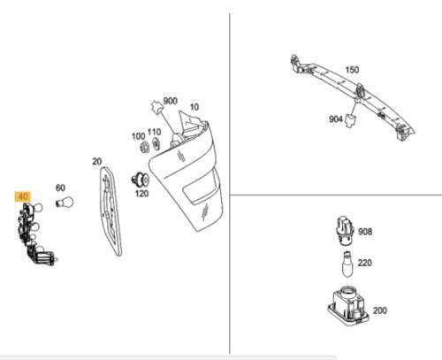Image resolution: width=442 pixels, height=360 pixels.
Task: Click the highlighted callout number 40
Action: tap(23, 196)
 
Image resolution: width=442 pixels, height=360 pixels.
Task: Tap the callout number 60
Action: tap(60, 188)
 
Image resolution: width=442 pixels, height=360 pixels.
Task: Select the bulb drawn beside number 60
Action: tap(65, 203)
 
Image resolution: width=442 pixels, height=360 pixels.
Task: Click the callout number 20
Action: tap(97, 162)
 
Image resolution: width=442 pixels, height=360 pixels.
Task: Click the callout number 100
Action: tap(138, 136)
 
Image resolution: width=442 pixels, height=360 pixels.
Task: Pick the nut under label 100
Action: tap(145, 148)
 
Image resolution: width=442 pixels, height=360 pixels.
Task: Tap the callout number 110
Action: tap(154, 132)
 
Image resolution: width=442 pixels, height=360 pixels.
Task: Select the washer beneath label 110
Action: tap(156, 144)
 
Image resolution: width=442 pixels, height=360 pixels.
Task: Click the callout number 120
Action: tap(141, 194)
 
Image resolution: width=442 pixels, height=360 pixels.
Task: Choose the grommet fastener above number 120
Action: tap(141, 180)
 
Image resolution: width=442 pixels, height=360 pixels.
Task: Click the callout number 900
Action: tap(171, 101)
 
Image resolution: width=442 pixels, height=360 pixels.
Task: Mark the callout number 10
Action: tap(194, 107)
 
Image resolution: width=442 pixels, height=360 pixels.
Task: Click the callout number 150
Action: tap(352, 70)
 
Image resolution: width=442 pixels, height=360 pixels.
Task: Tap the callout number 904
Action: tap(336, 119)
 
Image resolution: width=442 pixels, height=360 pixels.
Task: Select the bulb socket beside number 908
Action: tap(345, 231)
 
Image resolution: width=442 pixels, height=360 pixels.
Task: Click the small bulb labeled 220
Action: tap(347, 264)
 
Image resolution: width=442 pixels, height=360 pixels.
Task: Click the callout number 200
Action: tap(380, 310)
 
